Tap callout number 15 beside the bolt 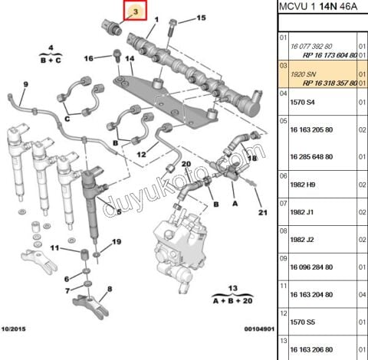[202, 17]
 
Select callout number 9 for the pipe [25, 83]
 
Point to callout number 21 [261, 212]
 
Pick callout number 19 [117, 242]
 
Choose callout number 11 [54, 248]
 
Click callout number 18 [253, 156]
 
